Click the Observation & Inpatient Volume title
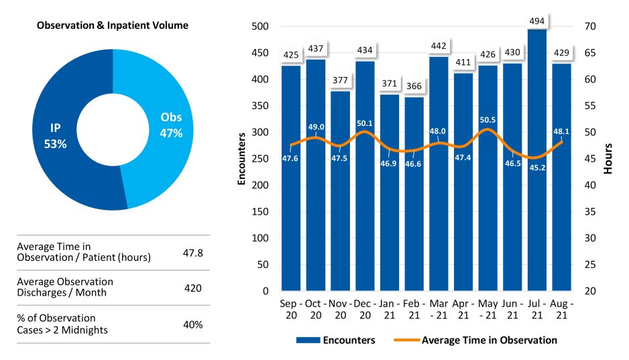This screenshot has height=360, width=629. tap(113, 25)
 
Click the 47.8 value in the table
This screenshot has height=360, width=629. tap(193, 253)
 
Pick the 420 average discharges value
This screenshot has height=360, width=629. tap(193, 288)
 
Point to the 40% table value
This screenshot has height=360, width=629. tap(193, 324)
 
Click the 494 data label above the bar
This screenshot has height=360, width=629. tap(537, 21)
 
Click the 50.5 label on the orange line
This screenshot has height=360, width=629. tap(488, 121)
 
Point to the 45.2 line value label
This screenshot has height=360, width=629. tap(537, 168)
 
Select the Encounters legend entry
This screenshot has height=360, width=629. tap(335, 340)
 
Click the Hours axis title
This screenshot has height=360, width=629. tap(608, 158)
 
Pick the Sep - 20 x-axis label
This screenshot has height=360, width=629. tap(291, 308)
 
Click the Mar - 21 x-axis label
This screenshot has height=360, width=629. tap(439, 308)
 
